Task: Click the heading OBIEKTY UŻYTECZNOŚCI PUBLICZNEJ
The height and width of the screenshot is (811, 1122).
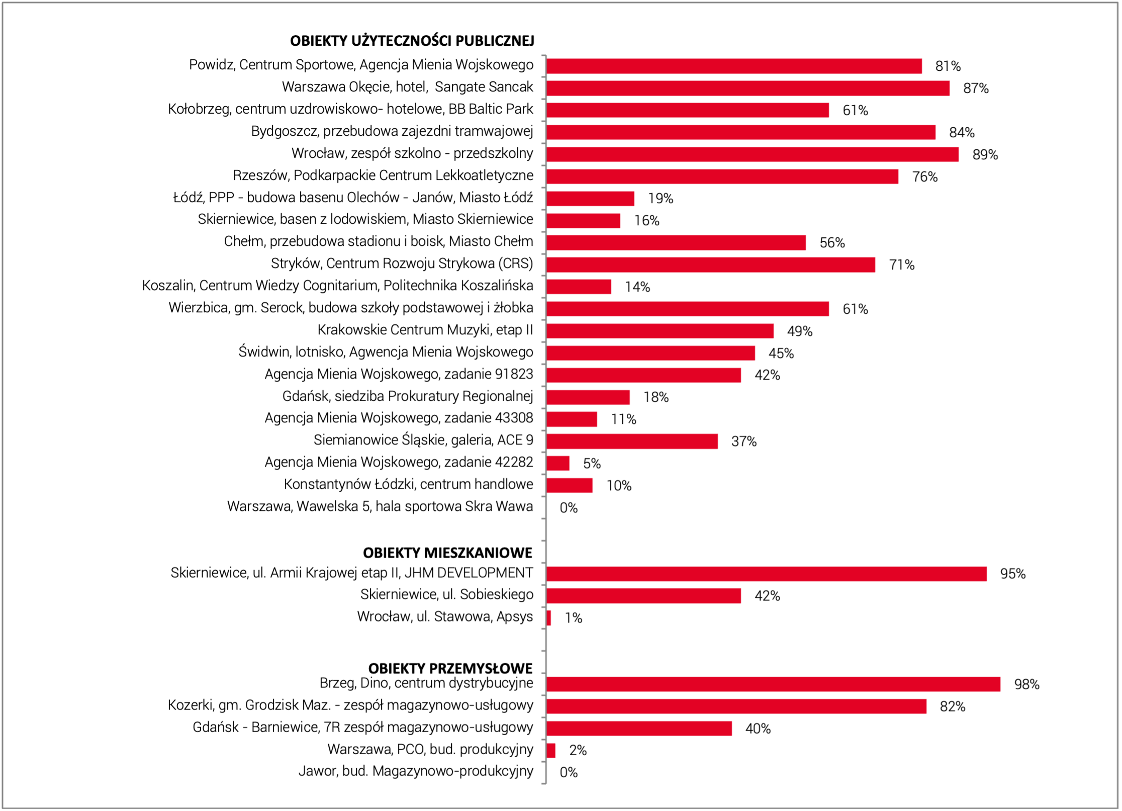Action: point(412,41)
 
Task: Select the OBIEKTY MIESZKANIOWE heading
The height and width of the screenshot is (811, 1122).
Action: point(447,553)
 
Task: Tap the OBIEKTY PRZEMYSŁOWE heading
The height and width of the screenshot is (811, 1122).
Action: point(450,668)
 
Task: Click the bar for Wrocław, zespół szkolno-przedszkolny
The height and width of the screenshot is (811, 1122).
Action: point(753,154)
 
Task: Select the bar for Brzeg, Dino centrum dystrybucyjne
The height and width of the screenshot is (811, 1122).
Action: point(774,684)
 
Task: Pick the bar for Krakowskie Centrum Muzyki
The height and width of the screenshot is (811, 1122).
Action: point(660,331)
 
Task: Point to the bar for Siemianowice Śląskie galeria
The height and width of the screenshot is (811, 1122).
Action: point(632,441)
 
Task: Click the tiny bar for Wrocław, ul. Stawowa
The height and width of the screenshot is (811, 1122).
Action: point(549,618)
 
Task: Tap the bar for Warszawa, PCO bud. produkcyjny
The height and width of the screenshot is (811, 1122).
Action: point(551,751)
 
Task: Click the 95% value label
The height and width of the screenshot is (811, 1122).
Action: point(1013,574)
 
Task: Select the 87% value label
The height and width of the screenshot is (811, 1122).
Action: point(976,88)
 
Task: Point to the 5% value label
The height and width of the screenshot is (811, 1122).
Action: point(592,464)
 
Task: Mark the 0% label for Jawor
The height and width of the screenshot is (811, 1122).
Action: point(569,772)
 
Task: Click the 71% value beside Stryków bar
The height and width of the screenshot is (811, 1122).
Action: point(902,265)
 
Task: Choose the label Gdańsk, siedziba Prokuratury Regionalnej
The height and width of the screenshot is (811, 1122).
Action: point(408,396)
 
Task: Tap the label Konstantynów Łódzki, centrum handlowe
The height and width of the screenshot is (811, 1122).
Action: point(408,484)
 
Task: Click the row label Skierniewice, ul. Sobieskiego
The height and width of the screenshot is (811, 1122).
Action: point(447,595)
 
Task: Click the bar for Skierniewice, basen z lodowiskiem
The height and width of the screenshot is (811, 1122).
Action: point(584,221)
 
